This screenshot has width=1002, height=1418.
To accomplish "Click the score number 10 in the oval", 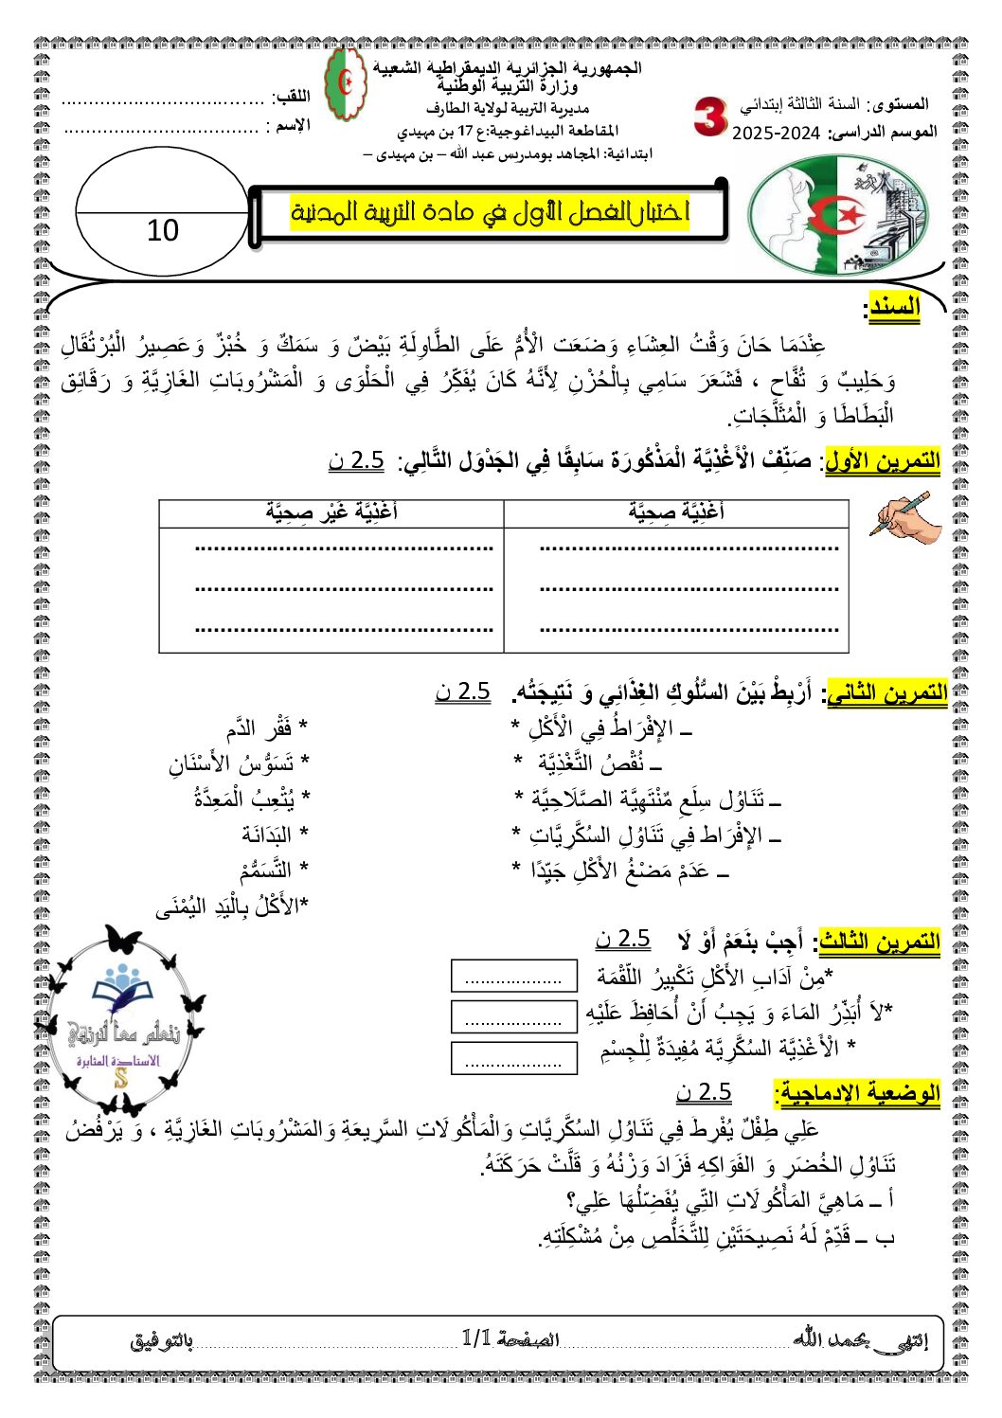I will point(163,230).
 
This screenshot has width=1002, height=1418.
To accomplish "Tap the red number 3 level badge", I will point(709,117).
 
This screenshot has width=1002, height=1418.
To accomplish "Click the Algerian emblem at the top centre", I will point(346,85).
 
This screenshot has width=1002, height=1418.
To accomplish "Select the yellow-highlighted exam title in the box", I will point(490,212).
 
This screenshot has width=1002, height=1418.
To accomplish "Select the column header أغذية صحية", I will point(675,512).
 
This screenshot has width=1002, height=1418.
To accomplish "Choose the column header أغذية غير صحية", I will point(331,512).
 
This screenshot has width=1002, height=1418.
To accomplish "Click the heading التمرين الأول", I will point(883,461).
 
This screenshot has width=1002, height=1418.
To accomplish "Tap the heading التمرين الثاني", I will point(887,692).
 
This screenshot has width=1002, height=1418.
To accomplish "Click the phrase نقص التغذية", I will point(599,763).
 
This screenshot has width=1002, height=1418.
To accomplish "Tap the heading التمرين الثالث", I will point(880,941).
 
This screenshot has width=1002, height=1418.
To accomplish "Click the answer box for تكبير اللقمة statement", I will point(514,976).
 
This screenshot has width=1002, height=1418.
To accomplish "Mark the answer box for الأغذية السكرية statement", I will point(514,1057).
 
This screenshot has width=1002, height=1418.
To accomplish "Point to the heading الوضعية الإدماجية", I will point(857,1093).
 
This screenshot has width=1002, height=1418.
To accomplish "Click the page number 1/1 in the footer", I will point(476,1337).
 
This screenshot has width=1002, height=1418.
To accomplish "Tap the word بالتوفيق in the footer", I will point(162,1341).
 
